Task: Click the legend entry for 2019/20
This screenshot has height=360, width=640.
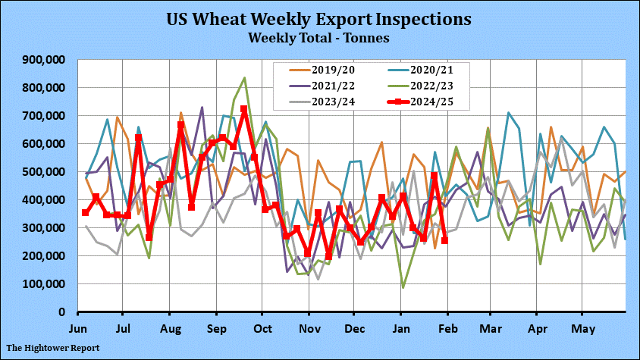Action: coord(330,69)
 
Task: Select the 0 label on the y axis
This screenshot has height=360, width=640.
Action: coord(64,312)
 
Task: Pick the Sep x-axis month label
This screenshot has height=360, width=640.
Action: coord(217,330)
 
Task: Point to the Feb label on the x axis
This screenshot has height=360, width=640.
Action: coord(447,330)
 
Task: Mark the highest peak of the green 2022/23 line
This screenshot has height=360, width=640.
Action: coord(244,77)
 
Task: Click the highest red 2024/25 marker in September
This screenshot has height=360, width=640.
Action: coord(244,110)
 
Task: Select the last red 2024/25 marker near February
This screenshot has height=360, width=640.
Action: coord(444,240)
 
